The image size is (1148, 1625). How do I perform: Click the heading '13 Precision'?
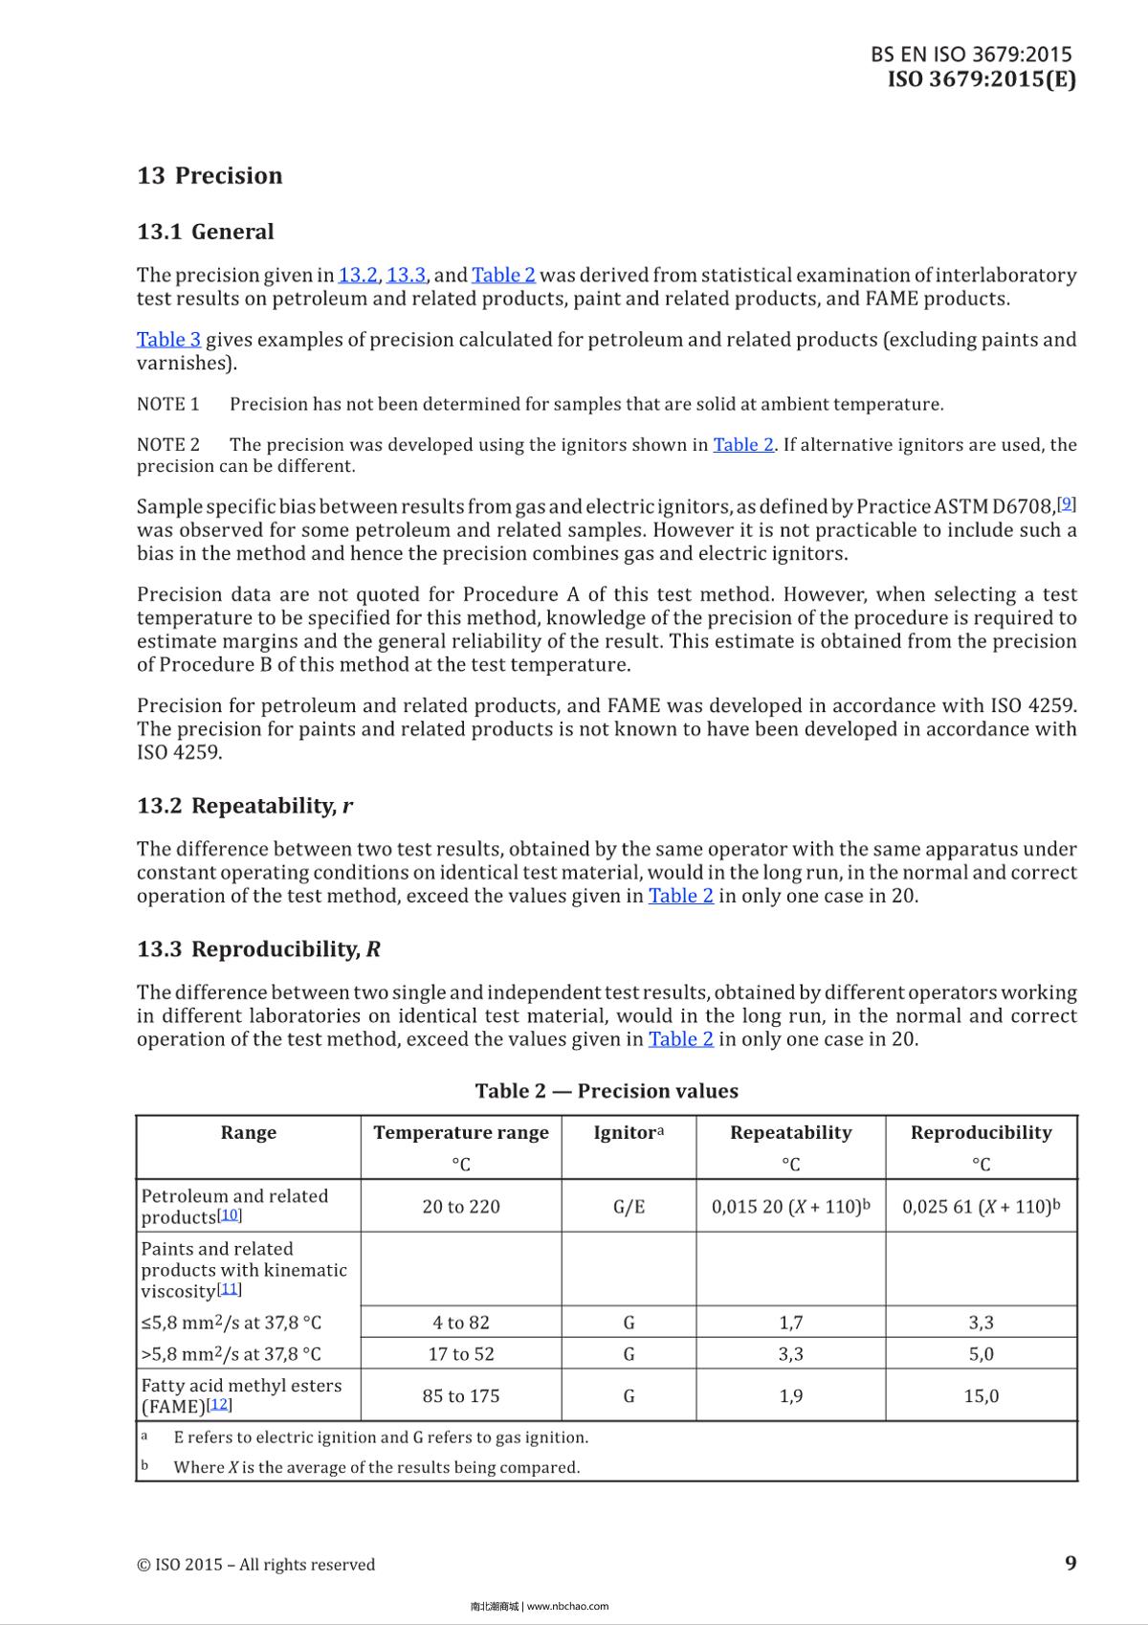[x=210, y=175]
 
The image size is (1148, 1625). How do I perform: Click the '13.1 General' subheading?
[x=205, y=232]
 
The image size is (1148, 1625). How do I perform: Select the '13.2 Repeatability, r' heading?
[x=244, y=806]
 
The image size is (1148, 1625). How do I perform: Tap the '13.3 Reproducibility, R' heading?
[x=258, y=949]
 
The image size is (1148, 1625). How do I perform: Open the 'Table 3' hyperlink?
[x=168, y=340]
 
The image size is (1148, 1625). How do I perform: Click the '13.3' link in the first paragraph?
[x=406, y=276]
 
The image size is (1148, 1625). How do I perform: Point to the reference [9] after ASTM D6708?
[x=1068, y=503]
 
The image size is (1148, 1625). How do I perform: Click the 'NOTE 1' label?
[x=168, y=404]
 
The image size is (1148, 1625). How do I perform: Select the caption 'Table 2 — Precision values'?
[x=607, y=1091]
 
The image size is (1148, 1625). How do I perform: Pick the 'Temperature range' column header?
[x=461, y=1133]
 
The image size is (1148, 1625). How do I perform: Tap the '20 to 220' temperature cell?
[x=461, y=1207]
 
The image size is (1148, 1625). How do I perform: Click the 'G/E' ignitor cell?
[x=629, y=1207]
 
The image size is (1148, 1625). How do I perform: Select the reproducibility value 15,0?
[x=981, y=1396]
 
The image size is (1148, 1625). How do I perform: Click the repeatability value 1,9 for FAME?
[x=790, y=1396]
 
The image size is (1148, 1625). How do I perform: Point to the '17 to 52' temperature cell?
[x=461, y=1354]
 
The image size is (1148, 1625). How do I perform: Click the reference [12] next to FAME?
[x=220, y=1405]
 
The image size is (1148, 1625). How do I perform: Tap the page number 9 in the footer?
[x=1071, y=1563]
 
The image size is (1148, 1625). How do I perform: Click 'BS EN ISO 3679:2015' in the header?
[x=971, y=55]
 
